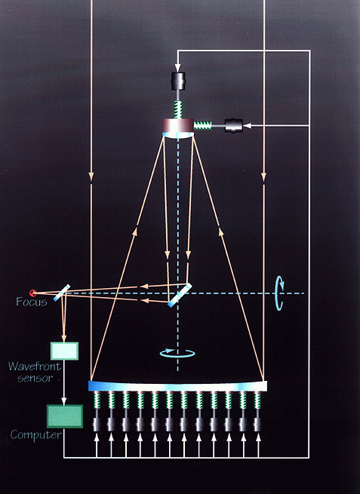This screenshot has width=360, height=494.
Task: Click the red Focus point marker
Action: pos(32,293)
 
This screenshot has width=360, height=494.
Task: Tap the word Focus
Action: pos(32,302)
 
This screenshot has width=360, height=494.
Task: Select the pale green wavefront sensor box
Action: pos(65,351)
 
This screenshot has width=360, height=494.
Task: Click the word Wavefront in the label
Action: pos(35,367)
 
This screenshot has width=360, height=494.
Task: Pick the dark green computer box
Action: pos(65,416)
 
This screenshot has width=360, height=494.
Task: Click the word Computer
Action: pos(36,435)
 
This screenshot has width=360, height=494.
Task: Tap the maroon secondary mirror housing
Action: pos(178,126)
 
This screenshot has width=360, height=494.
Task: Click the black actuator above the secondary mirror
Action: pos(178,81)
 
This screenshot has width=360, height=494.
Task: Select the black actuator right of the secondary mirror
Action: pos(234,126)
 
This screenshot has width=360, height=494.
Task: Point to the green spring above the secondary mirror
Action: pos(178,109)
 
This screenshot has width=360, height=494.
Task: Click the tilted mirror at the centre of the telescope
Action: pos(180,295)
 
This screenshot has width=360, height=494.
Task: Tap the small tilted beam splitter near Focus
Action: pos(61,293)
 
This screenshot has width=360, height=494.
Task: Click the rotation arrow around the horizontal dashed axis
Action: pos(279,293)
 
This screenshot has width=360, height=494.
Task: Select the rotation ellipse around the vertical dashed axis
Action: pos(177,353)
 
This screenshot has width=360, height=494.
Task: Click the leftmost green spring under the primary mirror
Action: pos(97,400)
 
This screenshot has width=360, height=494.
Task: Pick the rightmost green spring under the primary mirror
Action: pos(258,400)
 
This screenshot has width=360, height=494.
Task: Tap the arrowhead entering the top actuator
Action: pos(178,68)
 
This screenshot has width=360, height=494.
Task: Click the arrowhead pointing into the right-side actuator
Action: pos(247,126)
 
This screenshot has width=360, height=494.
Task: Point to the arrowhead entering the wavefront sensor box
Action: pos(64,338)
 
